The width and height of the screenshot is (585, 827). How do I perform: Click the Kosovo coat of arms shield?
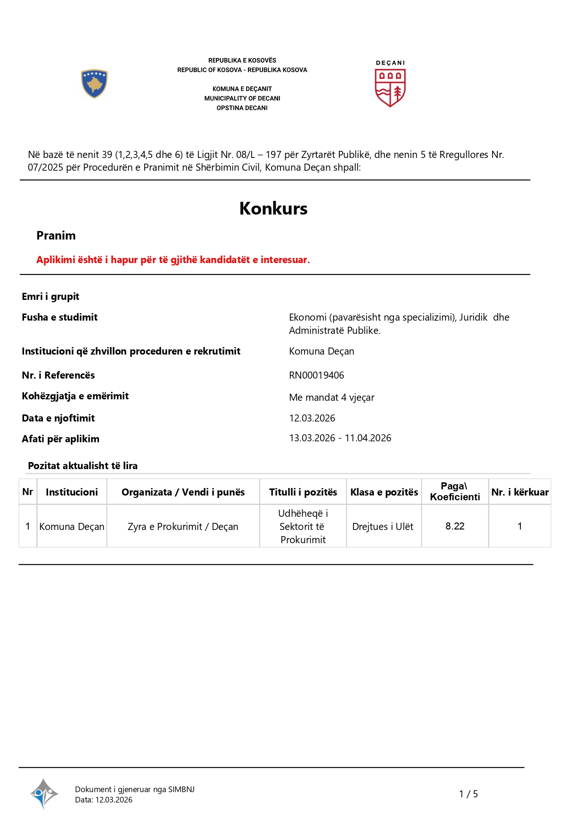[x=94, y=84]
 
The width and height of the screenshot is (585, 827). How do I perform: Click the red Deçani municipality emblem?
[x=390, y=87]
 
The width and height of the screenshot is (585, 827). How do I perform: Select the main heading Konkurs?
[x=273, y=208]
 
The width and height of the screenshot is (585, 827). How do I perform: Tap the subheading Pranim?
[x=56, y=235]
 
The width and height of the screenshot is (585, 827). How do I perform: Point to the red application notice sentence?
[x=173, y=260]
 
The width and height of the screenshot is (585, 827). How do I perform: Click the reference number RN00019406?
[x=316, y=375]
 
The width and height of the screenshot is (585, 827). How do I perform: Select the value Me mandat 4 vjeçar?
[x=331, y=397]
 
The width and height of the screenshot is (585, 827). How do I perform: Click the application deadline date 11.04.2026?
[x=368, y=438]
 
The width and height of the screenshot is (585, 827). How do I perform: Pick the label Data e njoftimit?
[x=58, y=418]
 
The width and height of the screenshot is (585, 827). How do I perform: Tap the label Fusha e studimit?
[x=59, y=317]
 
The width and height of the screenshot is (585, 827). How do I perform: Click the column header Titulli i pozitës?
[x=303, y=492]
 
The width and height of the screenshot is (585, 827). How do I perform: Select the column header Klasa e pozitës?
[x=384, y=492]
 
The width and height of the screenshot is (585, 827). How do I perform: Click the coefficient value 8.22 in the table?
[x=455, y=526]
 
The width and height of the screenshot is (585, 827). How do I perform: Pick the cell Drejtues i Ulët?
[x=383, y=527]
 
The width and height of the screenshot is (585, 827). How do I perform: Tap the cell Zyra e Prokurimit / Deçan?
[x=183, y=527]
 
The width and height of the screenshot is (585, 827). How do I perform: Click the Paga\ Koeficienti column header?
[x=455, y=491]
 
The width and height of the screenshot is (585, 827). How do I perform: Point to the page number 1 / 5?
[x=469, y=794]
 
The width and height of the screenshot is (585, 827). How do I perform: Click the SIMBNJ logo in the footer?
[x=44, y=794]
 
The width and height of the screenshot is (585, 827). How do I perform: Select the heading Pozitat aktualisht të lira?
[x=82, y=466]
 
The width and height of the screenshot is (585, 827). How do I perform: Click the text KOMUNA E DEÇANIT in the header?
[x=242, y=89]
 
